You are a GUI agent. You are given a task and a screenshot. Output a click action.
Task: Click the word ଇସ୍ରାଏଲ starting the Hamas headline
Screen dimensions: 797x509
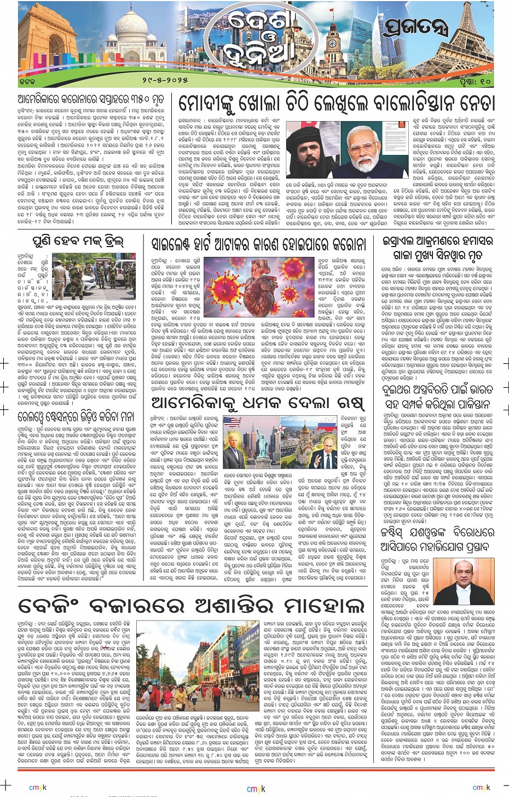tap(404, 242)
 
